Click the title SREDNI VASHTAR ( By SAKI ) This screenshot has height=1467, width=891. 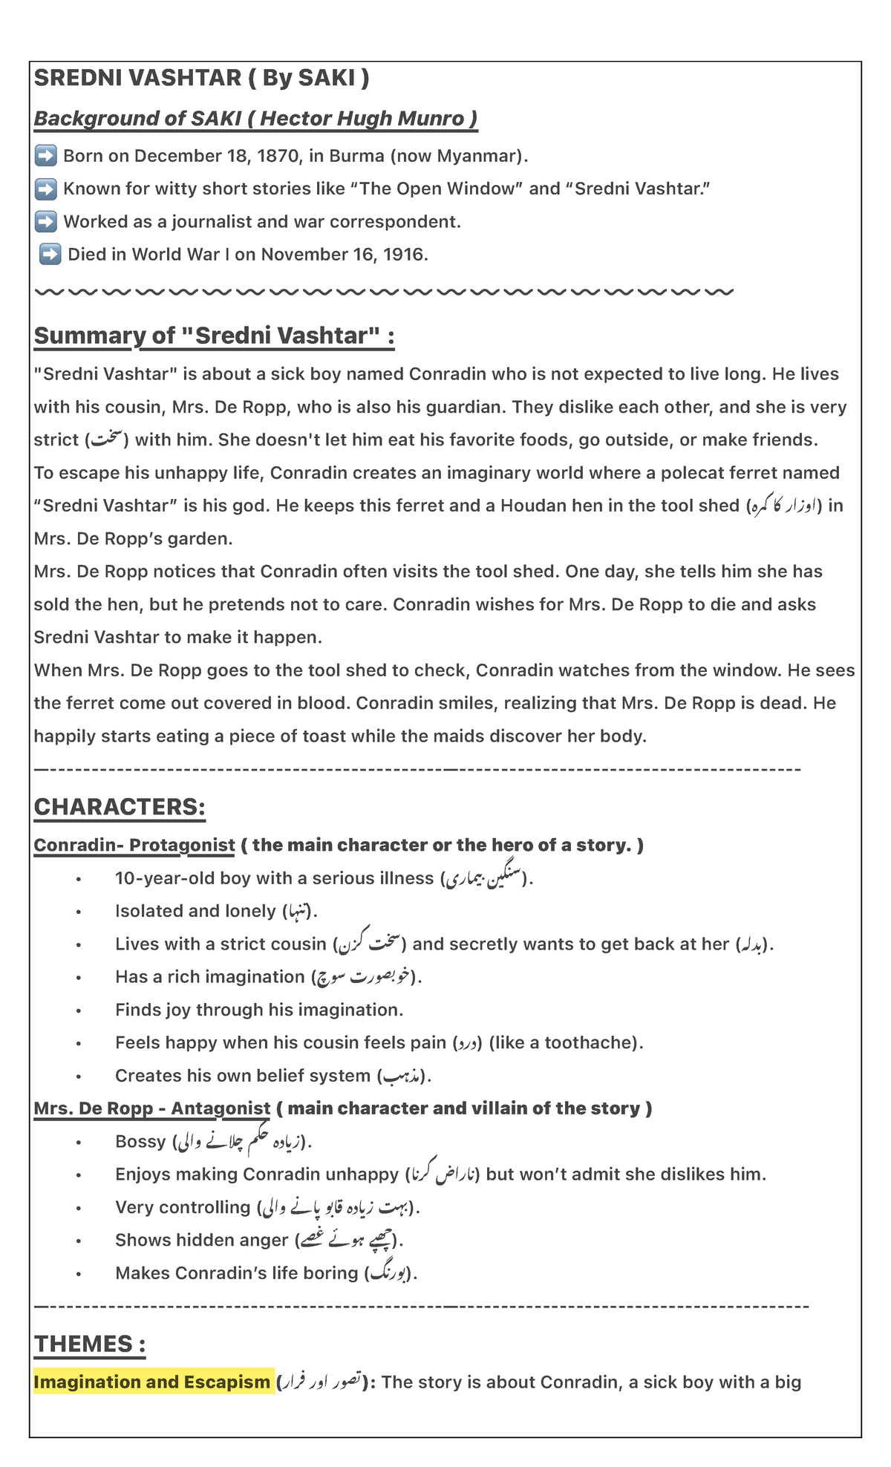pyautogui.click(x=201, y=78)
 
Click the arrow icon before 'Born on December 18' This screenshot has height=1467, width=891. pyautogui.click(x=46, y=156)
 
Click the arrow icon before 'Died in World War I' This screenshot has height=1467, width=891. pyautogui.click(x=50, y=255)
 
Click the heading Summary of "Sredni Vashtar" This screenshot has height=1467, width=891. pyautogui.click(x=214, y=336)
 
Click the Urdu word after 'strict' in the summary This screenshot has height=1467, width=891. pyautogui.click(x=105, y=440)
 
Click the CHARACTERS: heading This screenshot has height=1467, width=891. pyautogui.click(x=120, y=807)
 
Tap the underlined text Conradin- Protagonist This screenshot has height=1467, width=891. pyautogui.click(x=134, y=845)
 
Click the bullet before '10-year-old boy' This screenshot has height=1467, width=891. pyautogui.click(x=78, y=879)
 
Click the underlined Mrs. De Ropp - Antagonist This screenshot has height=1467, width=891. pyautogui.click(x=152, y=1108)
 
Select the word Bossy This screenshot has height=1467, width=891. pyautogui.click(x=140, y=1141)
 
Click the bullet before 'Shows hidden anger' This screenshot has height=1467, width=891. pyautogui.click(x=78, y=1241)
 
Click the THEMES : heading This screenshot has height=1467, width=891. pyautogui.click(x=90, y=1344)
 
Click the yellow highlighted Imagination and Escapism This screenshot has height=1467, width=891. pyautogui.click(x=152, y=1382)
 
